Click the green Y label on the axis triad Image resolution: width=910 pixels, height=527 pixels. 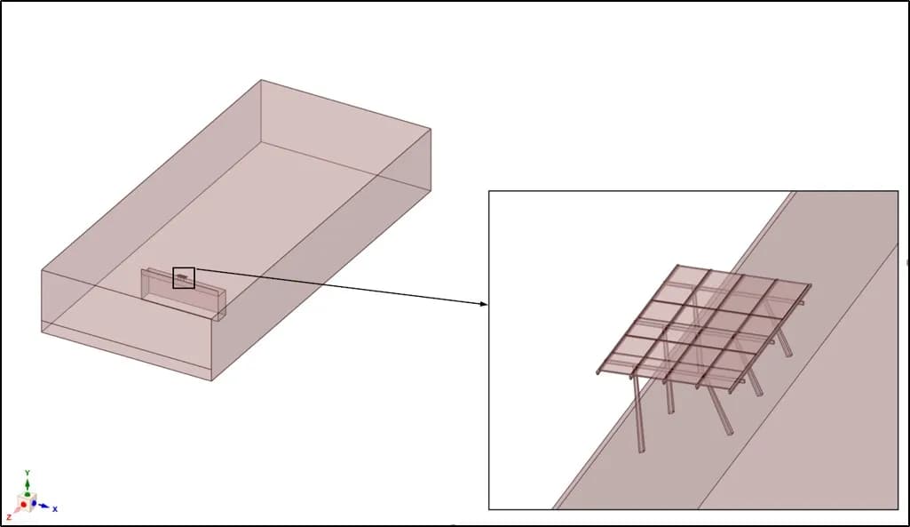28,473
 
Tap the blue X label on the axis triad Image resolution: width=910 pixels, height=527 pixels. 55,509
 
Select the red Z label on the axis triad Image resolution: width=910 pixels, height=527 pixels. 9,517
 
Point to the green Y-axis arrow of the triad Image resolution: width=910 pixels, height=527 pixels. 28,486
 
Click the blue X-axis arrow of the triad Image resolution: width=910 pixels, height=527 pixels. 43,506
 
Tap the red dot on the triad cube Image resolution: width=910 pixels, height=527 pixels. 23,505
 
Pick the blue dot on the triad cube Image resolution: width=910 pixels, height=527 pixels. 34,503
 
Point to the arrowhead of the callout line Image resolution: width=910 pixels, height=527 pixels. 484,303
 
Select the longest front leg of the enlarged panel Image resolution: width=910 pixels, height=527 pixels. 637,414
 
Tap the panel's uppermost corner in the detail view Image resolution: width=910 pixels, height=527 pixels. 677,266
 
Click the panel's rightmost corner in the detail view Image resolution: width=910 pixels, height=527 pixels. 811,284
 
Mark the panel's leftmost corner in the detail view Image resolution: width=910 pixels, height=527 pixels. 597,372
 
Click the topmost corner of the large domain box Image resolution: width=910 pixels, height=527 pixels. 261,80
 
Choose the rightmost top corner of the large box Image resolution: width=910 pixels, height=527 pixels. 431,128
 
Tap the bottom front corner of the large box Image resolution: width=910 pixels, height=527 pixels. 211,380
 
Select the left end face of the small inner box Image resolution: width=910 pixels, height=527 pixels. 145,283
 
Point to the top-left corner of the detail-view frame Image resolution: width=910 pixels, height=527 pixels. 489,191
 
